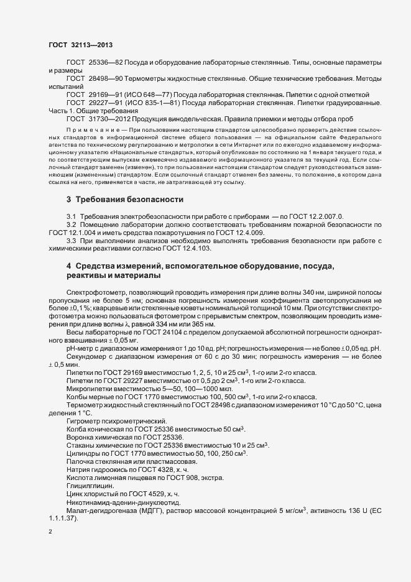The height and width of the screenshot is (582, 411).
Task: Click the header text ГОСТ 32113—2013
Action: click(80, 45)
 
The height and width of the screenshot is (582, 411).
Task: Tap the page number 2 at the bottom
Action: click(50, 533)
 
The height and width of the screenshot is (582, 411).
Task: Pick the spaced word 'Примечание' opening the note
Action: click(93, 130)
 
